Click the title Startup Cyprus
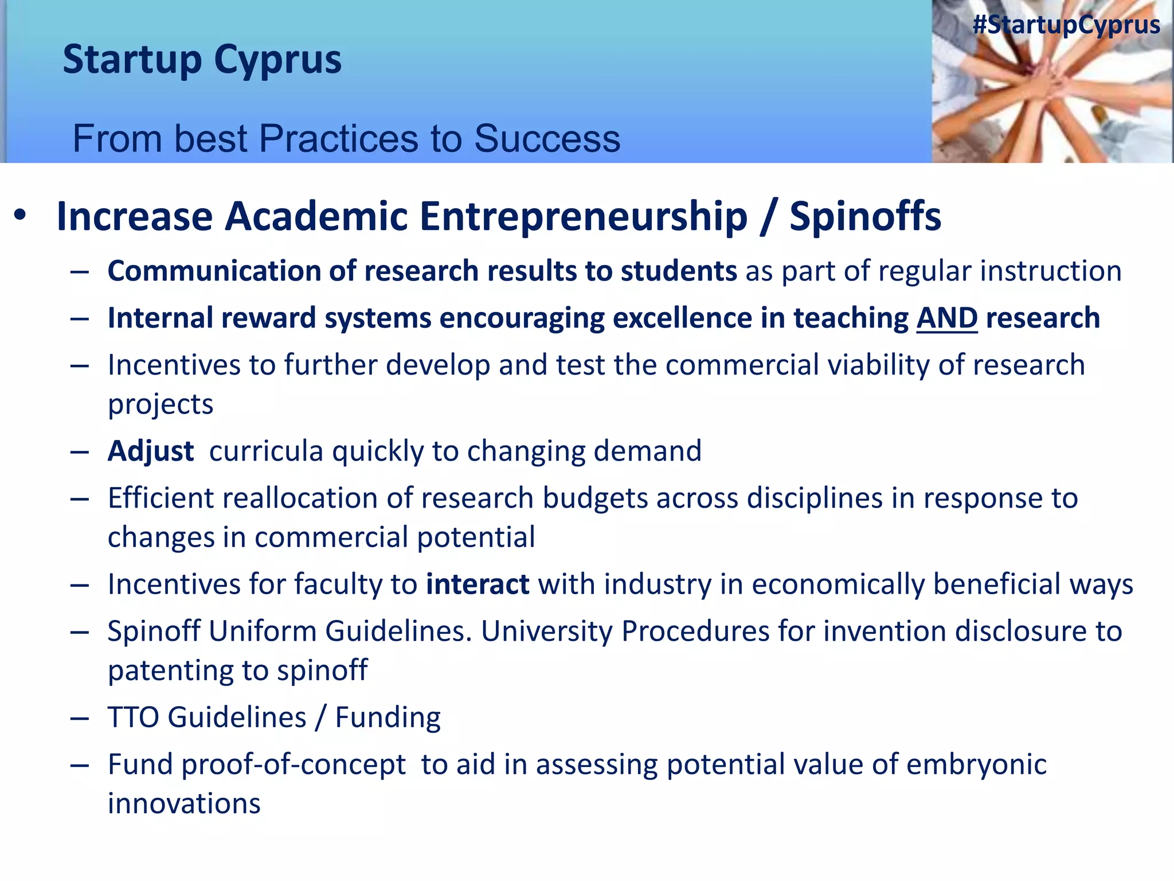202,60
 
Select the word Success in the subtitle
547,139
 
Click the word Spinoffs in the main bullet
865,217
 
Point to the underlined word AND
946,318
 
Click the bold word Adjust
151,451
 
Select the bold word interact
478,584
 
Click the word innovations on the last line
184,804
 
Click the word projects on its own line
161,405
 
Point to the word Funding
388,718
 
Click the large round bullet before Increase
21,216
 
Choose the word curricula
266,451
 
